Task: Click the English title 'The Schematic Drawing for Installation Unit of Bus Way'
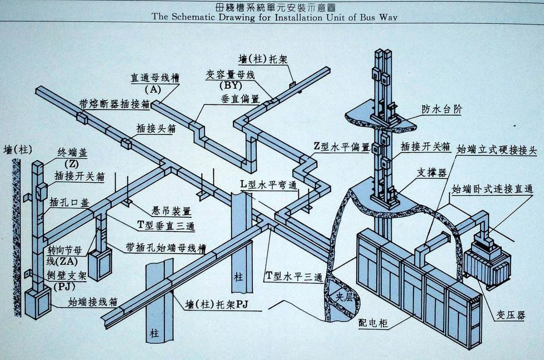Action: [274, 17]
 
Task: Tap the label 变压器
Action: [510, 315]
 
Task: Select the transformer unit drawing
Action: [486, 260]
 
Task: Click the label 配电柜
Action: [373, 323]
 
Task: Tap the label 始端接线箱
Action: [93, 302]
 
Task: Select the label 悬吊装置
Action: [172, 211]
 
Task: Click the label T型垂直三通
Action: [166, 226]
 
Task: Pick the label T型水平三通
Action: [294, 277]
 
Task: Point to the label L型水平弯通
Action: [269, 184]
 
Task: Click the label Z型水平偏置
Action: [342, 147]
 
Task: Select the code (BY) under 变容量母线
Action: [231, 85]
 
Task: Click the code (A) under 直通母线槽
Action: [153, 89]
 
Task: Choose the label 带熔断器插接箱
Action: [115, 104]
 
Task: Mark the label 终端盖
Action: [72, 153]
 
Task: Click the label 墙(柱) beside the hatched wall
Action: [18, 150]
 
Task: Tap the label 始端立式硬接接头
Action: [496, 150]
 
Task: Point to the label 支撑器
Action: [432, 172]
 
